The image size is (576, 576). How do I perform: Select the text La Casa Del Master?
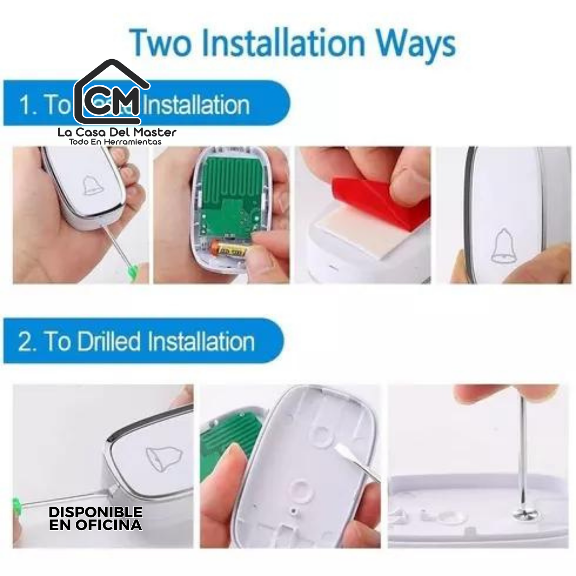(x=117, y=132)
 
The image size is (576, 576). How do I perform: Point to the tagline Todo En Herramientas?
(x=115, y=142)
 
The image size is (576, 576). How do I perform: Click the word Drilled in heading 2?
(x=109, y=341)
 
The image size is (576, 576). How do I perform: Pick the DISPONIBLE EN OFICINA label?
(x=96, y=518)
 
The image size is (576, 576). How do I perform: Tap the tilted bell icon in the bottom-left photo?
(x=163, y=458)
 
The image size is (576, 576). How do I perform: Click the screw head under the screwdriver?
(x=523, y=514)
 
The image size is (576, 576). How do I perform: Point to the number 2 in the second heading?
(x=25, y=342)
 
